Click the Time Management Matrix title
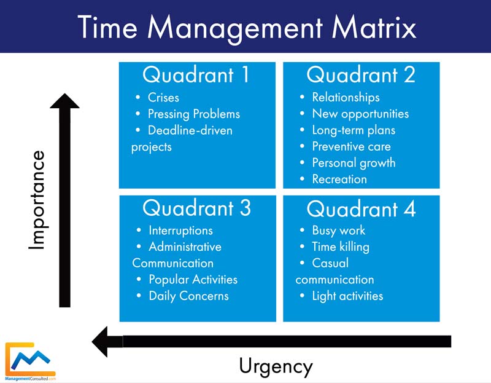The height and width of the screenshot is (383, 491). click(245, 27)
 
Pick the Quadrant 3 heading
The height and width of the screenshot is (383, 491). click(196, 208)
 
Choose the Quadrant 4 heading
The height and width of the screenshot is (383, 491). click(361, 209)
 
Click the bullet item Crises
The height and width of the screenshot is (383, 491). click(163, 97)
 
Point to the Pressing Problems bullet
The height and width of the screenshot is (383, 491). click(193, 114)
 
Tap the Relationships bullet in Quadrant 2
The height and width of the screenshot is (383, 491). click(346, 97)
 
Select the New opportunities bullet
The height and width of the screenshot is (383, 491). click(360, 114)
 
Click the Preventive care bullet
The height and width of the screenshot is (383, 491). click(351, 146)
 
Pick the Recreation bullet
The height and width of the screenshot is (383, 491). click(339, 179)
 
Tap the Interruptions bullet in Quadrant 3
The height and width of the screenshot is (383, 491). click(180, 231)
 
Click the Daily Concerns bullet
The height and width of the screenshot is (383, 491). click(188, 296)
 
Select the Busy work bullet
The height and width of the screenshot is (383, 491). click(338, 231)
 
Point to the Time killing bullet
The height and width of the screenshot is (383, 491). click(341, 247)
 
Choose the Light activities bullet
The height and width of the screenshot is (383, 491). click(347, 296)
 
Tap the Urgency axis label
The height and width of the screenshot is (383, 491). click(276, 366)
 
